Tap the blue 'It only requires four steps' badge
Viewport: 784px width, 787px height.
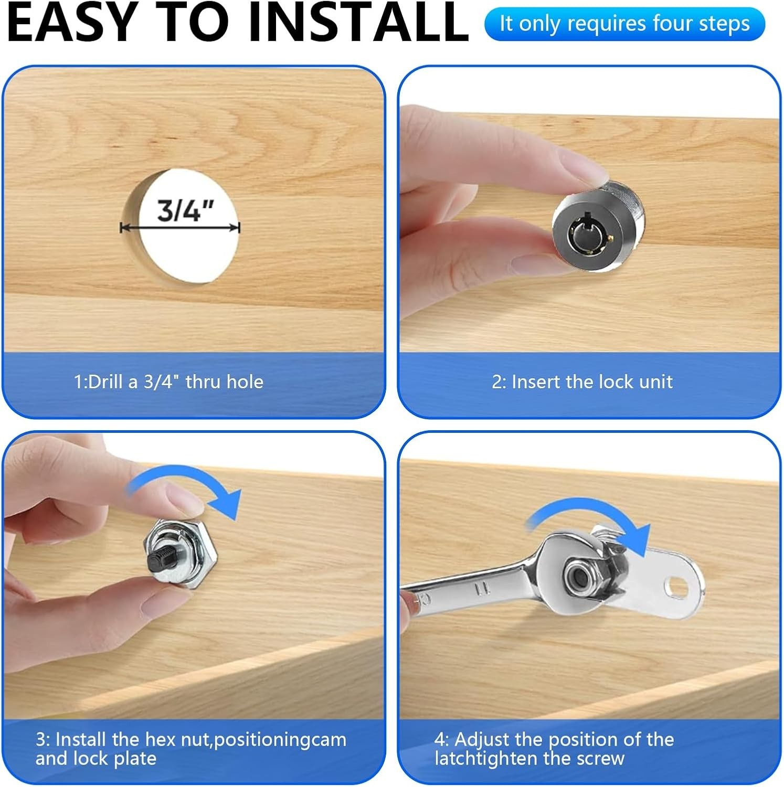pos(624,24)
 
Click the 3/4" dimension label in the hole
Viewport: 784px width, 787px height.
pos(186,211)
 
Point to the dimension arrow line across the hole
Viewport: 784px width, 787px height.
pos(180,228)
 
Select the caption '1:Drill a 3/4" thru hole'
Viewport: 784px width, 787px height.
pos(168,381)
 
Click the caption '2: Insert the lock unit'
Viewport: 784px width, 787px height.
pos(582,381)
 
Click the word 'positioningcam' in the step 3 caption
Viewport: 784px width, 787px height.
pos(280,740)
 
